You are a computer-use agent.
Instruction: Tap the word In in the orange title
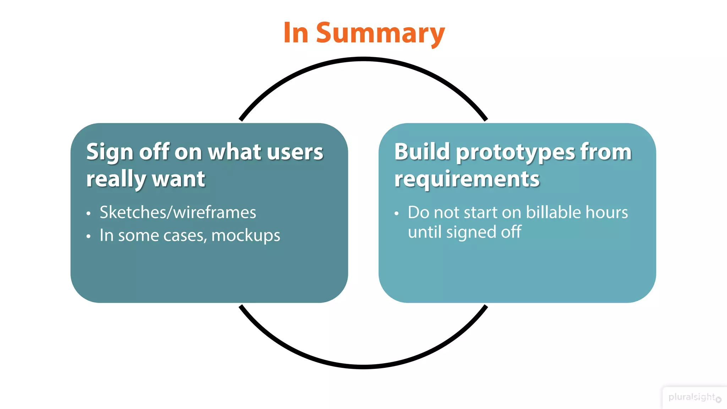coord(296,33)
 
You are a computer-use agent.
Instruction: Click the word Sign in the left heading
coord(109,152)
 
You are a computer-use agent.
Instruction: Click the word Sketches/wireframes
coord(177,212)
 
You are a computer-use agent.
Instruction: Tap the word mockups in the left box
coord(246,236)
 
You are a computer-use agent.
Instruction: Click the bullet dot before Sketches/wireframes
coord(88,213)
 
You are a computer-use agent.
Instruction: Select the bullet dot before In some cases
coord(88,236)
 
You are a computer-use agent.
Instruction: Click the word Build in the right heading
coord(422,152)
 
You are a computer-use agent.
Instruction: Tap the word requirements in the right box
coord(466,179)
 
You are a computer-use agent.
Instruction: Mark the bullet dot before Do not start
coord(397,213)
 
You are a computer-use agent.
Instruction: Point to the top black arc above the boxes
coord(363,59)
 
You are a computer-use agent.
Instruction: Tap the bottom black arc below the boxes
coord(363,366)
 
